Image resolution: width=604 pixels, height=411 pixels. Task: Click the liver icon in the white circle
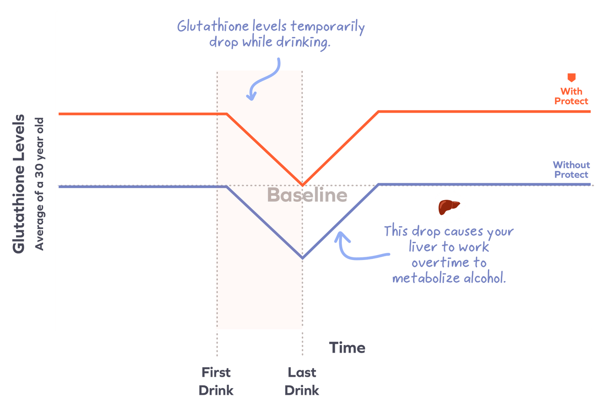(x=449, y=207)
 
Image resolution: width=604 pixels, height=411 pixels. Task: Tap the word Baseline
(x=307, y=195)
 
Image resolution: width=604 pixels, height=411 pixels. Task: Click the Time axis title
(x=347, y=348)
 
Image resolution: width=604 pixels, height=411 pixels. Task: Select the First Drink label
(x=216, y=381)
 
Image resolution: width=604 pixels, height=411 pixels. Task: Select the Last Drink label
(x=302, y=381)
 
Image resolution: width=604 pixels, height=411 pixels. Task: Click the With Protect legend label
(x=571, y=96)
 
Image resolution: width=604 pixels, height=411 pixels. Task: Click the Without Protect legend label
(x=571, y=169)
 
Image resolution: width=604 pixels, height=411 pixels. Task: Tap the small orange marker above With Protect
(x=571, y=78)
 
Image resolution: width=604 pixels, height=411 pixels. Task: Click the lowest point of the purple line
(x=302, y=258)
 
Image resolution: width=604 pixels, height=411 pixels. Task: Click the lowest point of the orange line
(x=302, y=184)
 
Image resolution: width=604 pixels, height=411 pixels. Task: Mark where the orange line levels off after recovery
(x=378, y=112)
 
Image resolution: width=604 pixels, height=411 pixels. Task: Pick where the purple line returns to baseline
(x=378, y=185)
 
